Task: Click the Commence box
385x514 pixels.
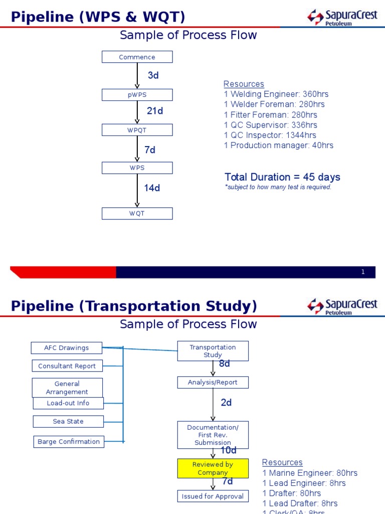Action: [137, 57]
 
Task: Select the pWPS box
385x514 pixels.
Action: [137, 95]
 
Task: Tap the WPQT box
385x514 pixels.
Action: [137, 130]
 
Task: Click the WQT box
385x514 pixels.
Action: [137, 213]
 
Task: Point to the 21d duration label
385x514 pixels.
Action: [155, 111]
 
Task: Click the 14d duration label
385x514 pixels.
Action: [152, 188]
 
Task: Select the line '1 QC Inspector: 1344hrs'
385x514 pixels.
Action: [270, 135]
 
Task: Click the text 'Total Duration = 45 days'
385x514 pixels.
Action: [282, 177]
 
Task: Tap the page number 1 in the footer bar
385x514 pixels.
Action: [363, 272]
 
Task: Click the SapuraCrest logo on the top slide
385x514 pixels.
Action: [342, 17]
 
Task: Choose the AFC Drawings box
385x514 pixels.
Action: [66, 348]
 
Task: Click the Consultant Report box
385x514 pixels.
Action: [67, 366]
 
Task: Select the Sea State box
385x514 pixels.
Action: [68, 421]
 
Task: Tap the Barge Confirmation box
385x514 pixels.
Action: [69, 442]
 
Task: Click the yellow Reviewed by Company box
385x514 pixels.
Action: [213, 468]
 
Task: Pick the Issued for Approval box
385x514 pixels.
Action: [213, 496]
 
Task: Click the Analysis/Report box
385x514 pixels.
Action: [213, 382]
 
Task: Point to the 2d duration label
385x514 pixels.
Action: [226, 403]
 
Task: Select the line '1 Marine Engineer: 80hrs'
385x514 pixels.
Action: [310, 473]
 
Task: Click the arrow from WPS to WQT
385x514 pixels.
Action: [137, 191]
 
